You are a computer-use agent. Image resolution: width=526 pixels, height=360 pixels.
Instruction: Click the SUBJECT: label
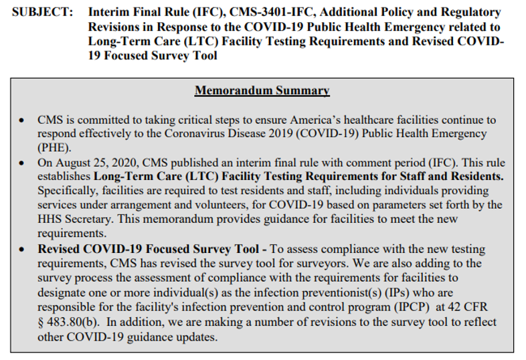pyautogui.click(x=41, y=13)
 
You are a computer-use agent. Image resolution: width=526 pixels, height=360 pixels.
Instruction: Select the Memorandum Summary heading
pyautogui.click(x=262, y=90)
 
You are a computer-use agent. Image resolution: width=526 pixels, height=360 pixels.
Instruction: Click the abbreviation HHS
pyautogui.click(x=51, y=219)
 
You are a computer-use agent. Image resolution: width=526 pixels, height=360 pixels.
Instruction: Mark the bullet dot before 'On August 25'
pyautogui.click(x=23, y=163)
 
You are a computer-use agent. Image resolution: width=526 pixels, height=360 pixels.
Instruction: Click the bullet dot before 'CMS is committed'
pyautogui.click(x=23, y=120)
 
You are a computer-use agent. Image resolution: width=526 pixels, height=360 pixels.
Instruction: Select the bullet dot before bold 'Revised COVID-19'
pyautogui.click(x=23, y=248)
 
